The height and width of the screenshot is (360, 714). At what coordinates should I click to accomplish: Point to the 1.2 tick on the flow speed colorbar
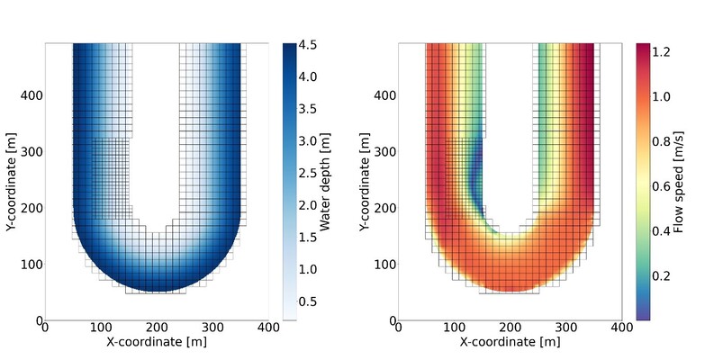(x=664, y=53)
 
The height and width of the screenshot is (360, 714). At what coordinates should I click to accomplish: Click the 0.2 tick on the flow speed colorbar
(x=664, y=274)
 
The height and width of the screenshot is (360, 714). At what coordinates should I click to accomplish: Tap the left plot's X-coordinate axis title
(x=157, y=342)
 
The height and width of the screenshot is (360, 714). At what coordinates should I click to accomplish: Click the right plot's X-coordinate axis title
(x=511, y=342)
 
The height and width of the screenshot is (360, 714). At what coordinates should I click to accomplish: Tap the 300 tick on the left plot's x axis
(x=212, y=328)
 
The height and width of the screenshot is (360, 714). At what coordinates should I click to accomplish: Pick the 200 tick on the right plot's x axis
(x=511, y=328)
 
